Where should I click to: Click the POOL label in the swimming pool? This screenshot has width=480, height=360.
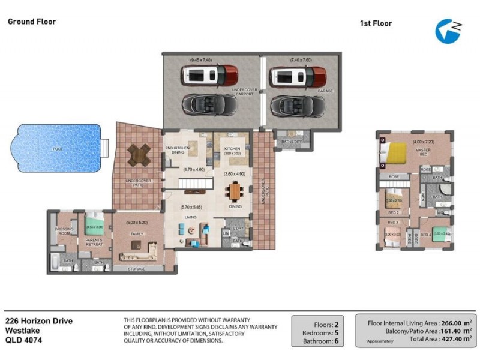pyautogui.click(x=57, y=148)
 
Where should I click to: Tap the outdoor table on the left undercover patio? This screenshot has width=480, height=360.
pyautogui.click(x=138, y=155)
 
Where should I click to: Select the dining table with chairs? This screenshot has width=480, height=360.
pyautogui.click(x=235, y=192)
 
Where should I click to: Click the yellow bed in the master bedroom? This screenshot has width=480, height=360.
pyautogui.click(x=397, y=153)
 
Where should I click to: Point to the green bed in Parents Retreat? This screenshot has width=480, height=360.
pyautogui.click(x=95, y=227)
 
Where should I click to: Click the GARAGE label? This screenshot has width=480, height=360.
pyautogui.click(x=325, y=92)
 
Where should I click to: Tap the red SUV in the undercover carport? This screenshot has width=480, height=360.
pyautogui.click(x=210, y=76)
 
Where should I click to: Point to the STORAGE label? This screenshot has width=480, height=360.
pyautogui.click(x=137, y=269)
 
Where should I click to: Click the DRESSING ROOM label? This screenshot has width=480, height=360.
pyautogui.click(x=64, y=230)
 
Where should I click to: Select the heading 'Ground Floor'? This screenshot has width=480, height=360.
pyautogui.click(x=31, y=22)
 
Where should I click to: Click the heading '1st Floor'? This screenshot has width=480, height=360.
pyautogui.click(x=376, y=23)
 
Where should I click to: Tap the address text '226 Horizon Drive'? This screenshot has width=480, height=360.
pyautogui.click(x=39, y=321)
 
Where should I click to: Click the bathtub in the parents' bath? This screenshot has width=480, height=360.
pyautogui.click(x=53, y=262)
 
